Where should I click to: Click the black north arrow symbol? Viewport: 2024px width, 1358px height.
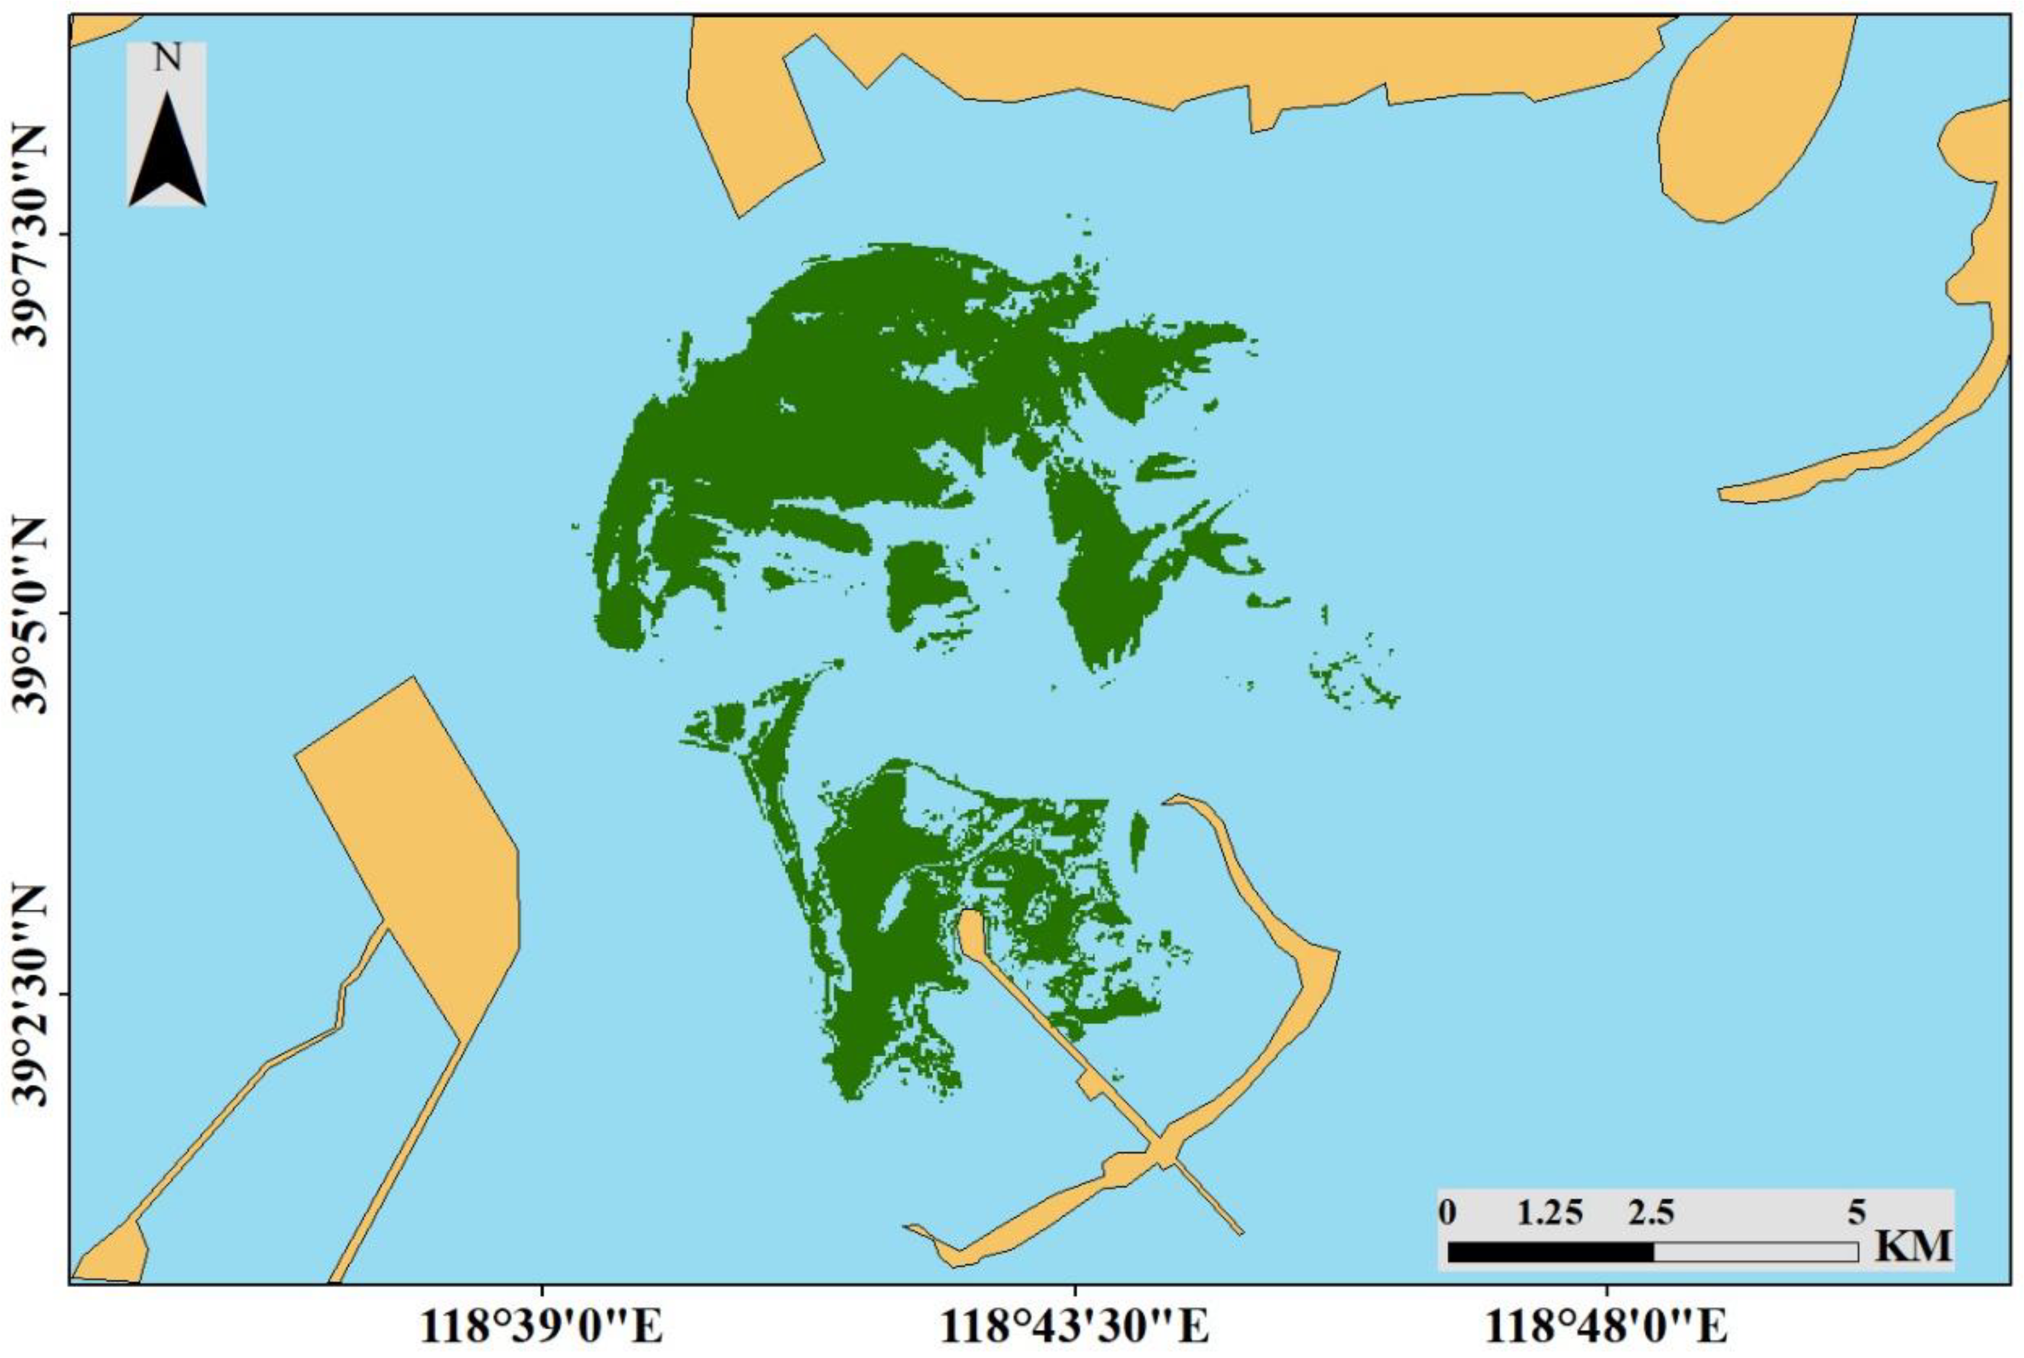pos(167,151)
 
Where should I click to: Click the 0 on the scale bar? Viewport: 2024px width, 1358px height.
pos(1447,1211)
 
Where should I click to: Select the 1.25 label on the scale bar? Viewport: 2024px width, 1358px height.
pos(1550,1211)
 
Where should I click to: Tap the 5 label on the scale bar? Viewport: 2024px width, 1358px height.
pos(1856,1211)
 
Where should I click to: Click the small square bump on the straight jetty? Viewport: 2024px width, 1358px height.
pos(1089,1086)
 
